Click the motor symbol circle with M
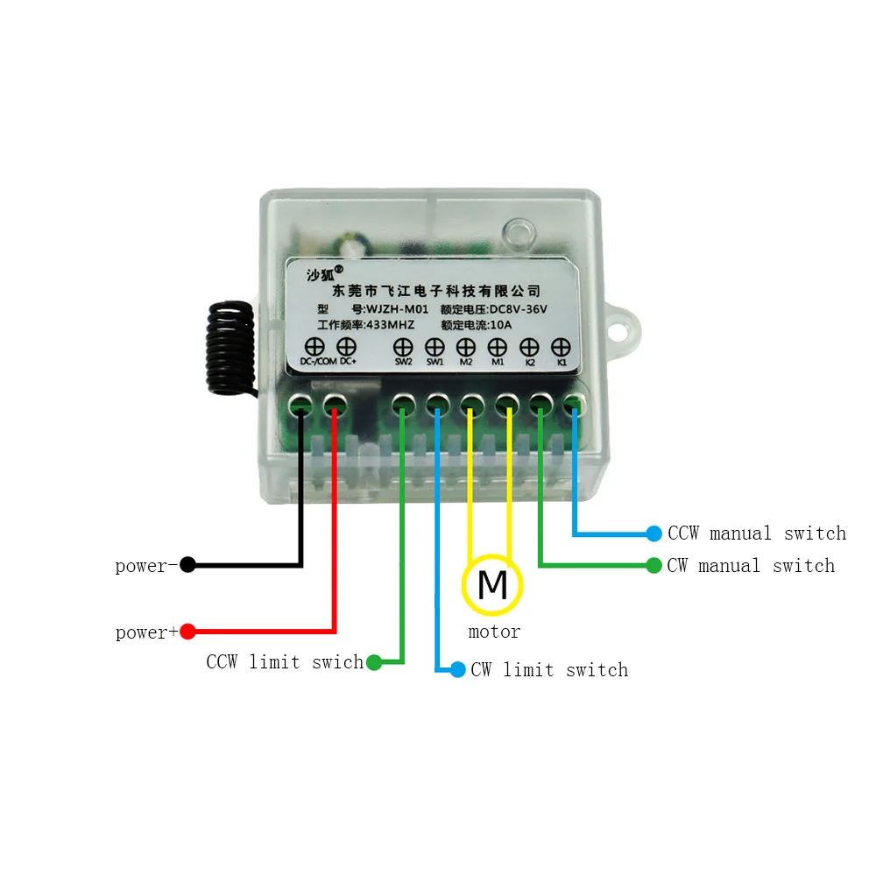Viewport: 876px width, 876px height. tap(492, 584)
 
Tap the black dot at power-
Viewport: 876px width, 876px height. tap(187, 565)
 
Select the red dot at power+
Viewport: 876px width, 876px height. tap(187, 631)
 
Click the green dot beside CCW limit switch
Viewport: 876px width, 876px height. tap(373, 662)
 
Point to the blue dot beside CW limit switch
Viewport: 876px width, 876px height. tap(457, 670)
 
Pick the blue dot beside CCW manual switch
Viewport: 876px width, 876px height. tap(653, 533)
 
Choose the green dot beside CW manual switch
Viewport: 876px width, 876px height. tap(653, 565)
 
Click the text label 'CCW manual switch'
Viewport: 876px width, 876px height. tap(756, 533)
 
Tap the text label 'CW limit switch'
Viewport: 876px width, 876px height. tap(549, 670)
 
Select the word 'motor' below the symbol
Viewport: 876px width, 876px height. tap(494, 632)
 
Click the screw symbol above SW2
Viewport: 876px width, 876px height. tap(403, 348)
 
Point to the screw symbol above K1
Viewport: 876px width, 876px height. tap(562, 348)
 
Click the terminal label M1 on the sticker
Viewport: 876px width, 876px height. tap(498, 362)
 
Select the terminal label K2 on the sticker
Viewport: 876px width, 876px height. tap(530, 362)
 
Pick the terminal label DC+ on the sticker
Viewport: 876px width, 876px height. tap(348, 362)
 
